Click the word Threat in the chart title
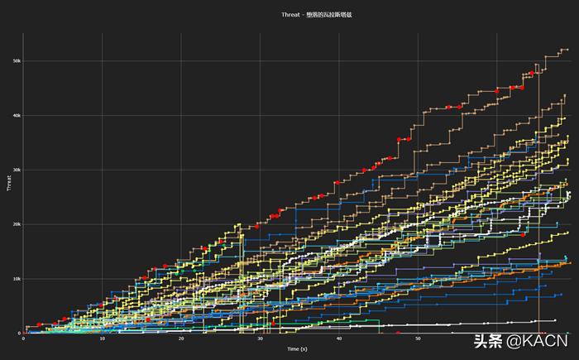tap(290, 14)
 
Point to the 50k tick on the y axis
tap(16, 60)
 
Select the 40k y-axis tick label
tap(16, 115)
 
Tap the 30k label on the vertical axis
tap(16, 170)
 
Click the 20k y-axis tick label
tap(16, 224)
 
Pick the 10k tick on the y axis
tap(16, 279)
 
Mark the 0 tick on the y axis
tap(18, 334)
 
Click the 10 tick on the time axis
tap(102, 338)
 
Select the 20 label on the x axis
tap(181, 338)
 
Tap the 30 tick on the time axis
tap(260, 338)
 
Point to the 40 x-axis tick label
tap(339, 338)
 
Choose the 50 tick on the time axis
tap(418, 338)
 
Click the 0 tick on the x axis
tap(23, 338)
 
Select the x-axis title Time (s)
tap(298, 348)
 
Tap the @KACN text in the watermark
tap(538, 340)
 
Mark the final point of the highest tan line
tap(567, 50)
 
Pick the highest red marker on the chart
tap(532, 74)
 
